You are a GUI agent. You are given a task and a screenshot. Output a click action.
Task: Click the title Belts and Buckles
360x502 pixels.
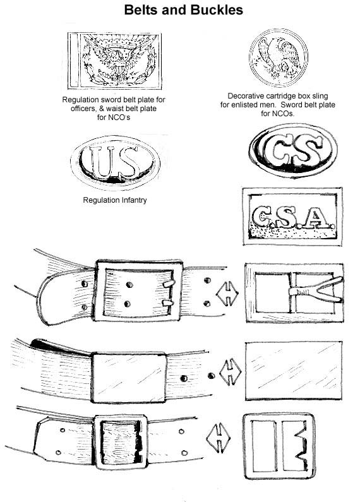(183, 10)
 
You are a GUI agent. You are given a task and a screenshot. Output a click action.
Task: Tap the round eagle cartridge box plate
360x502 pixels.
(279, 57)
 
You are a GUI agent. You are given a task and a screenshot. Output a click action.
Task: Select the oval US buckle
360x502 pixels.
(116, 162)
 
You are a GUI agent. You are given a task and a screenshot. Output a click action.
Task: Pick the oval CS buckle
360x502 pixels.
(293, 150)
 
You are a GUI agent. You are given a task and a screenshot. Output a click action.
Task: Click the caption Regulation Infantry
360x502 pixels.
(115, 200)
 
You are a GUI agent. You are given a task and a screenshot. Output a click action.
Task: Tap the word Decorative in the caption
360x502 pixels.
(246, 96)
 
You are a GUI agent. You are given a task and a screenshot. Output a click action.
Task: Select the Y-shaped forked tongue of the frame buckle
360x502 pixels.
(316, 290)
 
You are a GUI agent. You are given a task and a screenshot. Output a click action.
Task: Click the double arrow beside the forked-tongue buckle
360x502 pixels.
(227, 293)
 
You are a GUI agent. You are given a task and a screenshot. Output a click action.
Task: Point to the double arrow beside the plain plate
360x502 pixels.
(231, 372)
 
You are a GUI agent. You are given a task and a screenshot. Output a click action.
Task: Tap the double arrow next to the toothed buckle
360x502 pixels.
(219, 438)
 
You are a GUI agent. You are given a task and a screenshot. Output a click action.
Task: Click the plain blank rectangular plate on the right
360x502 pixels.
(294, 371)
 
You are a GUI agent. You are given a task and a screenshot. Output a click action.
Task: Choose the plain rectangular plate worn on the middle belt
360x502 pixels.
(129, 378)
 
